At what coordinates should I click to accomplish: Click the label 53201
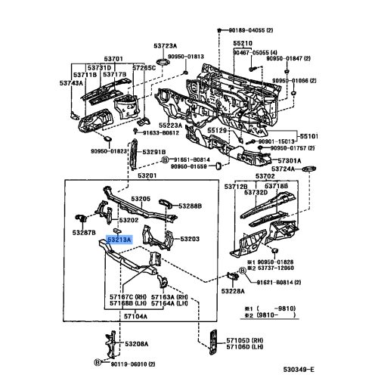click(147, 175)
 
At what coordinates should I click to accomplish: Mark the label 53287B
click(84, 233)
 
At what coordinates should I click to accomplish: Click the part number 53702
click(265, 175)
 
